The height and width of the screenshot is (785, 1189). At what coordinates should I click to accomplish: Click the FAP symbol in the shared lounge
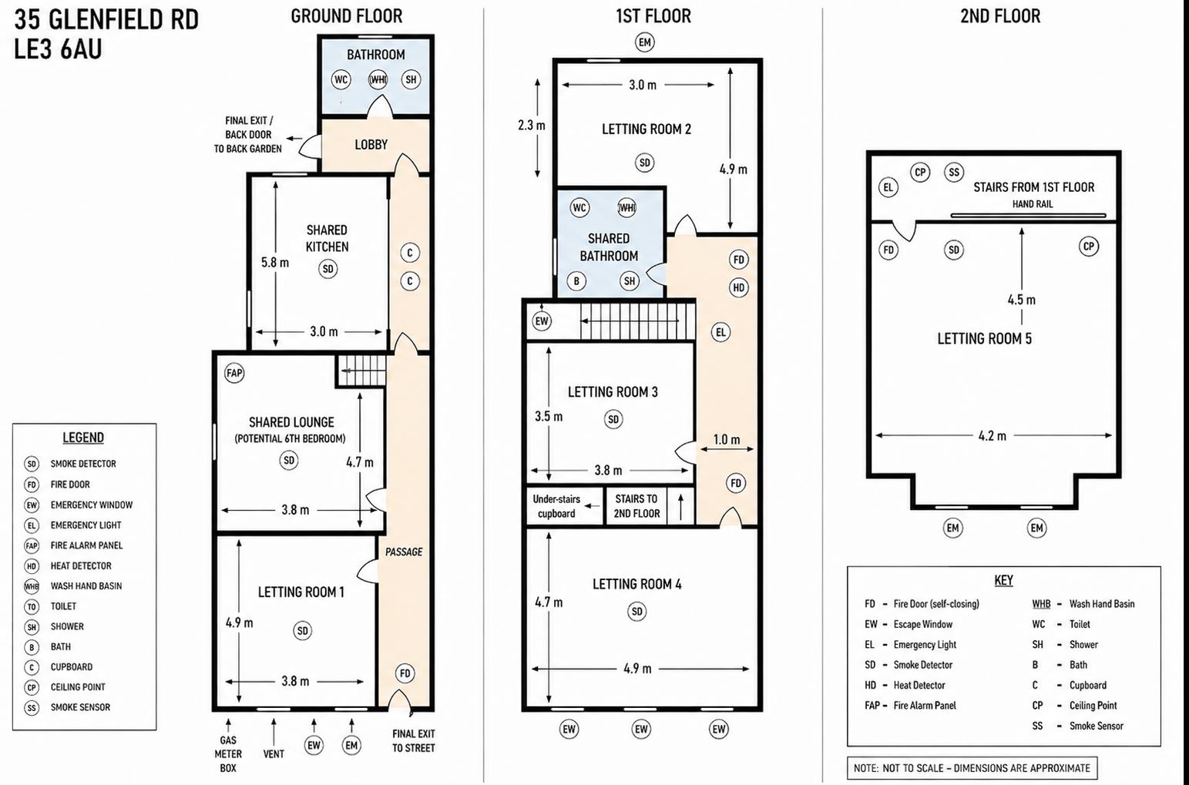click(x=234, y=373)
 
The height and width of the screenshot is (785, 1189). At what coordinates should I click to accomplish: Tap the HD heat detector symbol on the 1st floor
click(x=738, y=287)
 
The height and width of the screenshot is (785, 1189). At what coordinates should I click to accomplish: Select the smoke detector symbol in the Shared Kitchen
click(x=328, y=269)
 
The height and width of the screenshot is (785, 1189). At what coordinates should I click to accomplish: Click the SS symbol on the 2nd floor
click(x=954, y=172)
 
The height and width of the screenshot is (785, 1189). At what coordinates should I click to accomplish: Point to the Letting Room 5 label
click(x=984, y=339)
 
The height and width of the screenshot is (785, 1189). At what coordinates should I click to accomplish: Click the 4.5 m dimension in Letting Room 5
click(x=1021, y=300)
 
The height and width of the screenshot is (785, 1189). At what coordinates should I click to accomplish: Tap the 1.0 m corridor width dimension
click(x=726, y=440)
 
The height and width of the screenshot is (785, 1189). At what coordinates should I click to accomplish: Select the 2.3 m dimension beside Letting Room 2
click(x=532, y=126)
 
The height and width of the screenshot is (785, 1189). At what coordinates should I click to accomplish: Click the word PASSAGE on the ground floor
click(x=404, y=552)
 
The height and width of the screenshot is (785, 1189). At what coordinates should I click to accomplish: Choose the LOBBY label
click(x=371, y=144)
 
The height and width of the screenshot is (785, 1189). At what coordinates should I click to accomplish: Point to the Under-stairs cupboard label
click(x=556, y=506)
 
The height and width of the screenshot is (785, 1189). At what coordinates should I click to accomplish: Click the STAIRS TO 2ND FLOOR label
click(x=636, y=506)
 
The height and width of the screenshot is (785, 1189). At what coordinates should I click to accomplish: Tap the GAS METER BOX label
click(x=228, y=753)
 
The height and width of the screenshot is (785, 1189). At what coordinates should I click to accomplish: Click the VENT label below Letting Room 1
click(x=274, y=753)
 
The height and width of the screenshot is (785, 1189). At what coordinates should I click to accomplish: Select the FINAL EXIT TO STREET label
click(x=414, y=741)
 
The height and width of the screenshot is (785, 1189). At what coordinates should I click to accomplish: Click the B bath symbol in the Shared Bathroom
click(x=576, y=280)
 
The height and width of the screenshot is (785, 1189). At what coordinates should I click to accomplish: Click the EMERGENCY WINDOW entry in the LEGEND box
click(x=91, y=505)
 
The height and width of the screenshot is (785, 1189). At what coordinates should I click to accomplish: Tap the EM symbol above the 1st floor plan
click(x=644, y=42)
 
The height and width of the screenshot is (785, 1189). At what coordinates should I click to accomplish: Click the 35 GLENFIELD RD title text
click(x=106, y=20)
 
